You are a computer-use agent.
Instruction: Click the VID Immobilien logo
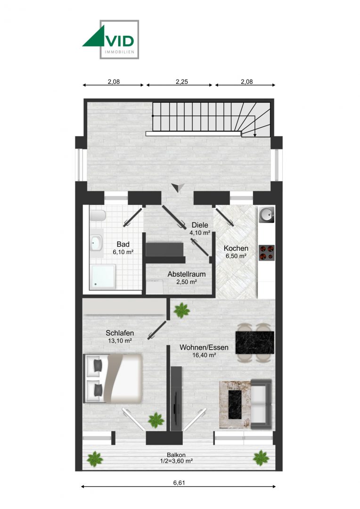click(111, 39)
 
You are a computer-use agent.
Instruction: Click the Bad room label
click(123, 244)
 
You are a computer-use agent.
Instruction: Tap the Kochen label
click(236, 248)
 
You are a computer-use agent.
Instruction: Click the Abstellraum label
click(186, 274)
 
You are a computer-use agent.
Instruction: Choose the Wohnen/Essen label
click(204, 348)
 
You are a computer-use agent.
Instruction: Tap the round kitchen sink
click(266, 216)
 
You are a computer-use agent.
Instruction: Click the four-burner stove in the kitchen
click(266, 252)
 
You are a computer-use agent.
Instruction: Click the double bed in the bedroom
click(113, 378)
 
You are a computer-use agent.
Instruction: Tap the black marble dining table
click(254, 342)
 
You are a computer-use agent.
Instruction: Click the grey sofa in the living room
click(260, 404)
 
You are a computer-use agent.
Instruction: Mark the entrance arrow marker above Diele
click(177, 188)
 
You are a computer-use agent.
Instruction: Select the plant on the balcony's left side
click(95, 458)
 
